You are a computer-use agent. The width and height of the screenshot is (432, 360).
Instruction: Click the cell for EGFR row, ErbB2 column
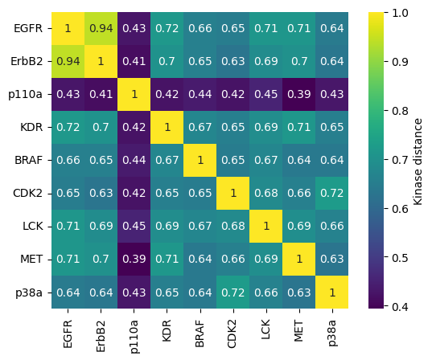pos(101,28)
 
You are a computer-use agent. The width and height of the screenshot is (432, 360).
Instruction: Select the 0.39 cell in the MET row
pos(134,258)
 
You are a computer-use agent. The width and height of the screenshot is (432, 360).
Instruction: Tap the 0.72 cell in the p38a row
pos(234,291)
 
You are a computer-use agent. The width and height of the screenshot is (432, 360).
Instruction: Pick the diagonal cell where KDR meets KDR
pos(167,127)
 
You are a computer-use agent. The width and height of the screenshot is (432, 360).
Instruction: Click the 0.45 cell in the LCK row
pos(134,226)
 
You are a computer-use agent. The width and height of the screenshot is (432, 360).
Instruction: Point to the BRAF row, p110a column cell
pos(134,160)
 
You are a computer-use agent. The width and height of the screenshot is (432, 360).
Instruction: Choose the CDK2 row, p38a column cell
pos(333,193)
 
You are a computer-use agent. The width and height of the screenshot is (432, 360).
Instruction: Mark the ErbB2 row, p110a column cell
pos(134,61)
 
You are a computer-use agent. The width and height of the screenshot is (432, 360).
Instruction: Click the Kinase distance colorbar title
pos(419,160)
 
